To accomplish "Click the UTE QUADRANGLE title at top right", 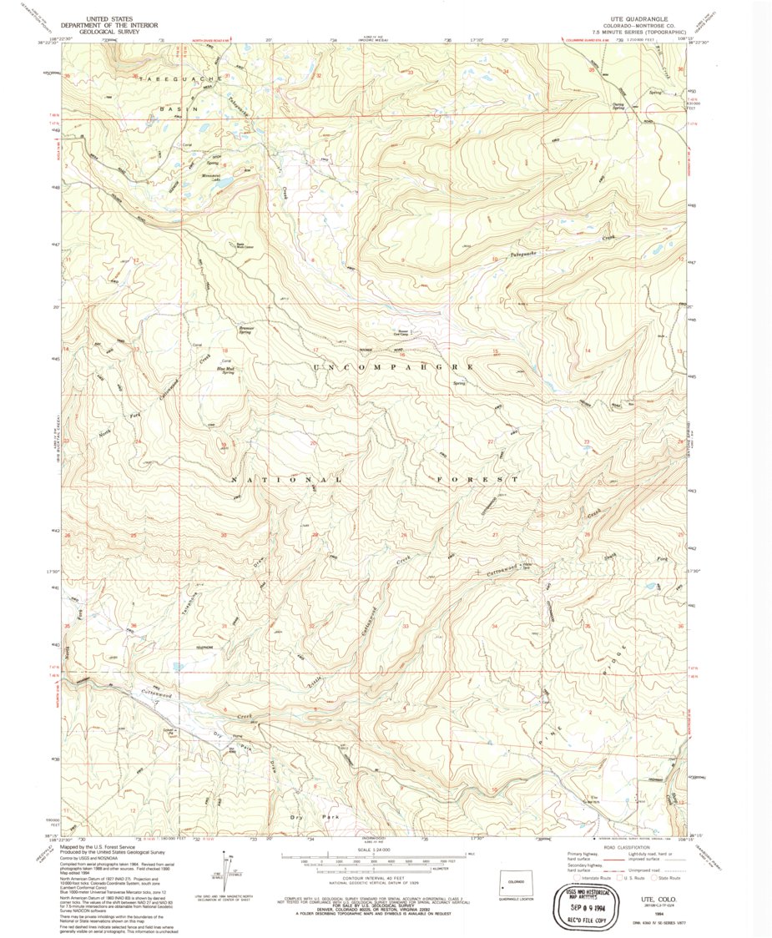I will (x=636, y=16).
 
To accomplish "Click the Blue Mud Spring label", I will (x=226, y=371).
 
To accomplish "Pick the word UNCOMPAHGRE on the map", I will (x=392, y=367).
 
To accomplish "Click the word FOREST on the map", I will (x=478, y=480).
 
